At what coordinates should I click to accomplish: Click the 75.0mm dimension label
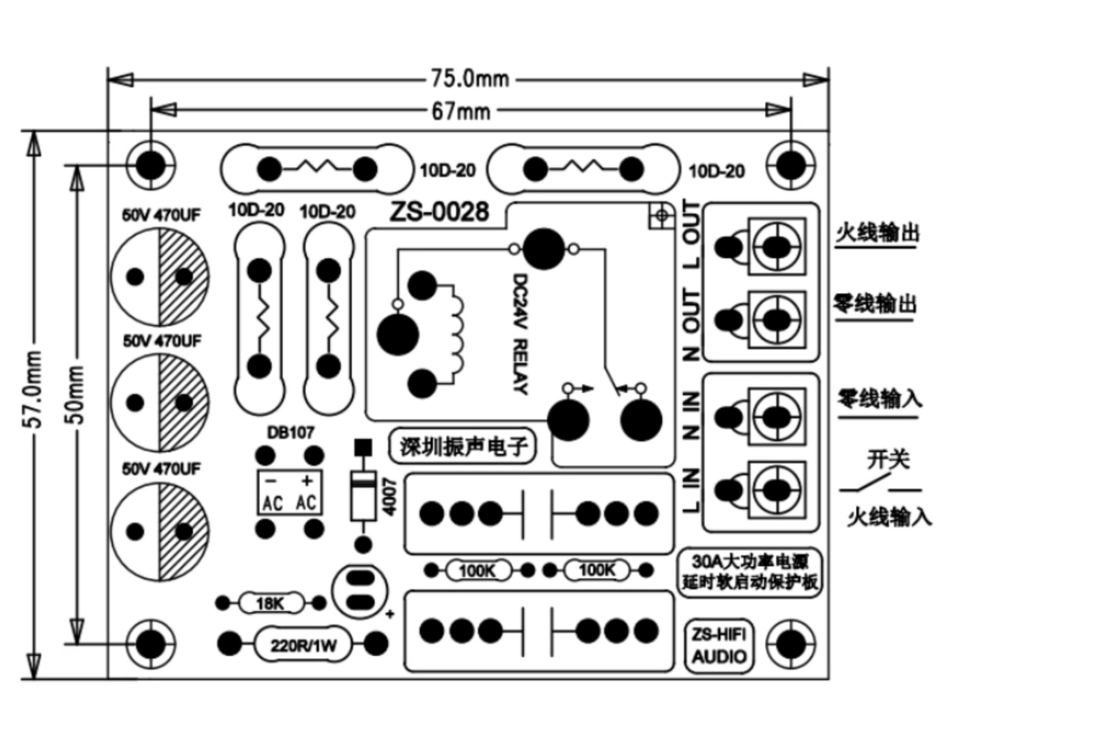(x=470, y=79)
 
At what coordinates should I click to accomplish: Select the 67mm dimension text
(x=461, y=112)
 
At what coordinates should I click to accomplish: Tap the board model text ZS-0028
(x=439, y=212)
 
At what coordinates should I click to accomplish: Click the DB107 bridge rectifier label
(x=290, y=433)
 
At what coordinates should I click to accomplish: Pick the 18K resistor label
(x=271, y=603)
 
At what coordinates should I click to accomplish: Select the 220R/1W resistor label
(x=304, y=646)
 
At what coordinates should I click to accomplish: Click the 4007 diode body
(x=364, y=496)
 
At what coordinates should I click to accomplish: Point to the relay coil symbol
(x=456, y=334)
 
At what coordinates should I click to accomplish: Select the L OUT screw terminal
(x=777, y=246)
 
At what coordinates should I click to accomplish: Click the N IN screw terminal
(x=777, y=416)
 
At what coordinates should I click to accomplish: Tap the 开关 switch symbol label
(x=888, y=460)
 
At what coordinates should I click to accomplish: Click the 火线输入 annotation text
(x=890, y=517)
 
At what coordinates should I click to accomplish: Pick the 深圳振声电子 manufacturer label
(x=463, y=446)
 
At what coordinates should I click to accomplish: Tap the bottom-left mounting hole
(x=151, y=644)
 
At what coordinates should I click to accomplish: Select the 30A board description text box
(x=749, y=573)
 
